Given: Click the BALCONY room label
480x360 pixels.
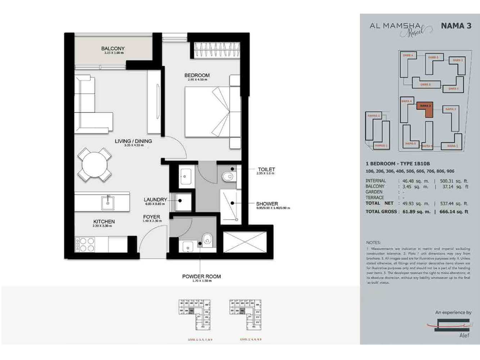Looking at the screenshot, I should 113,49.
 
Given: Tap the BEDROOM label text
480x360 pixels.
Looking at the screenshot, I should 197,75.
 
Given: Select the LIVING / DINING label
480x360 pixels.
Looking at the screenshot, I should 133,141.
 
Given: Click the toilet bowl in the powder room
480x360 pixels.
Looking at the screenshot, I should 207,240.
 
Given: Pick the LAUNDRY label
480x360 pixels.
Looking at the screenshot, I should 155,199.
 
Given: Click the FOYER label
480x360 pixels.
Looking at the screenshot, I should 151,217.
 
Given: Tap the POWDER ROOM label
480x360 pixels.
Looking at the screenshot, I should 201,276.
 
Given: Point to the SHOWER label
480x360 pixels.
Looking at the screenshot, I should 267,204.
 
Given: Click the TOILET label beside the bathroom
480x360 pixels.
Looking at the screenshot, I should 266,169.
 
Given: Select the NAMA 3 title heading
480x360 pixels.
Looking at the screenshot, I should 456,26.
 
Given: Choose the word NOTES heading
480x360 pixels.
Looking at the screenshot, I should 373,243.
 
